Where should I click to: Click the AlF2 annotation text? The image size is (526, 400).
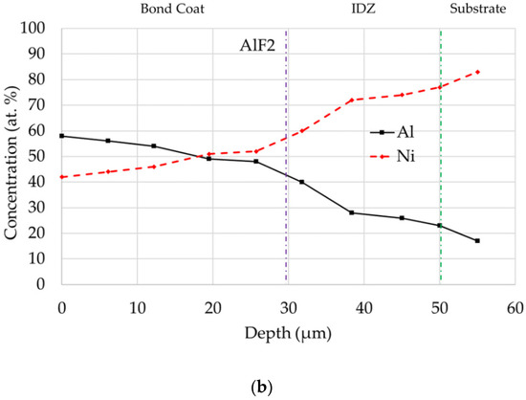click(x=256, y=44)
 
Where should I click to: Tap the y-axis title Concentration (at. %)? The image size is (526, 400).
click(x=12, y=156)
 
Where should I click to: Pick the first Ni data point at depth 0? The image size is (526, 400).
click(x=62, y=177)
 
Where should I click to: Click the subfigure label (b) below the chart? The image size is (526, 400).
click(x=263, y=387)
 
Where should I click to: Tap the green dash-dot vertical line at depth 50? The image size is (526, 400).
click(x=440, y=191)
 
